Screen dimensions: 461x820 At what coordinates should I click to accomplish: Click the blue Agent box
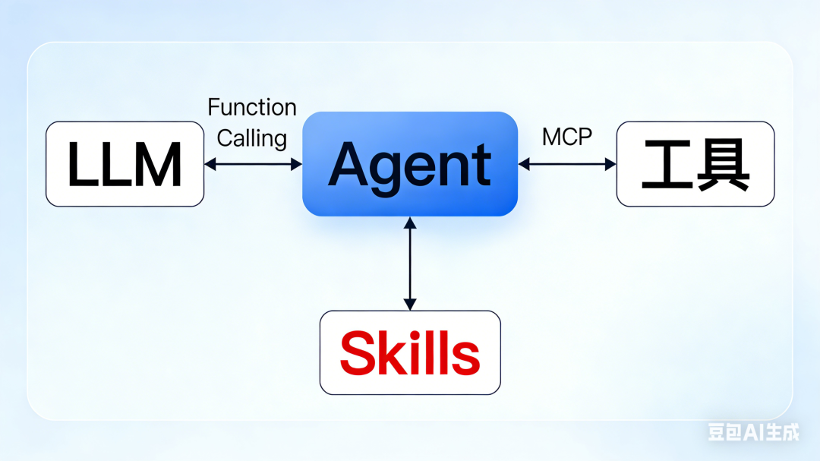[410, 163]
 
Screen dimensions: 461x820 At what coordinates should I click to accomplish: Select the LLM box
[125, 163]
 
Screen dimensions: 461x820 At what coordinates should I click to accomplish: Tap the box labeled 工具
[695, 163]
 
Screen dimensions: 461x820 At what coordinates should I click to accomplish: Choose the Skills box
[410, 352]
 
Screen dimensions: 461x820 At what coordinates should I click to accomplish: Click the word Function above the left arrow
[252, 107]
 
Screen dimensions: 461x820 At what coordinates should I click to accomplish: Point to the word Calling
[252, 138]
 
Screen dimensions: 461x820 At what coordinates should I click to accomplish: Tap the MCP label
[567, 137]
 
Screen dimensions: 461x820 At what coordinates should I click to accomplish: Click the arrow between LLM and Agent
[254, 163]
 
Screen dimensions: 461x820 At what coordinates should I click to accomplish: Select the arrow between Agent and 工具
[567, 163]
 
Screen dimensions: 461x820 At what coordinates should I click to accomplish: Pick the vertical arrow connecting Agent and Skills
[410, 264]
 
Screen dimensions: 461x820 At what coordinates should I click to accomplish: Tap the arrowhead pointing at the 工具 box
[610, 163]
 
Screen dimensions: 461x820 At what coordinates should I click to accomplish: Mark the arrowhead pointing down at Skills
[410, 305]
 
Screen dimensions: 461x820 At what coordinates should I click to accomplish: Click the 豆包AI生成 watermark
[753, 432]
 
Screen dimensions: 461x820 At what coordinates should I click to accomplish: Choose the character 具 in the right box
[724, 164]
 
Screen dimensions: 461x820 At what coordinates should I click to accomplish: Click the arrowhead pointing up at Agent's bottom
[410, 223]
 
